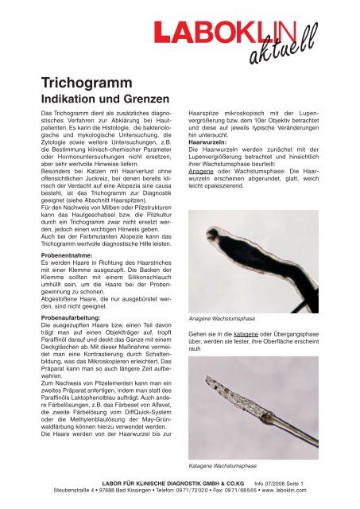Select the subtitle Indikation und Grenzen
click(x=95, y=100)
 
